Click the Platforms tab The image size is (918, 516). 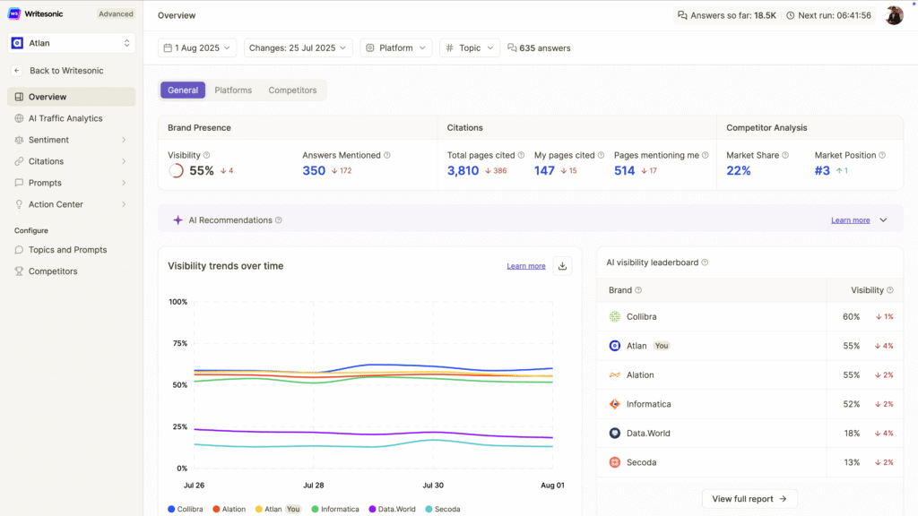pyautogui.click(x=233, y=90)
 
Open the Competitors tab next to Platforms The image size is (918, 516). pyautogui.click(x=292, y=90)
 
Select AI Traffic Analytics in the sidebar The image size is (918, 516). pyautogui.click(x=65, y=118)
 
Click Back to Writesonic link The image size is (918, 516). pyautogui.click(x=65, y=71)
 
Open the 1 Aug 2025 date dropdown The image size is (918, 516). pyautogui.click(x=197, y=48)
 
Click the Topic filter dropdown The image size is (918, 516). pyautogui.click(x=470, y=48)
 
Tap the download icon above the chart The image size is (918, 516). pyautogui.click(x=562, y=266)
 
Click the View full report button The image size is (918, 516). pyautogui.click(x=749, y=499)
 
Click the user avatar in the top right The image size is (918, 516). pyautogui.click(x=894, y=15)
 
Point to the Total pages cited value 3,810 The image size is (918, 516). pyautogui.click(x=463, y=171)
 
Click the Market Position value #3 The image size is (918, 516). pyautogui.click(x=822, y=171)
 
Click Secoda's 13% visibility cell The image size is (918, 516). pyautogui.click(x=851, y=462)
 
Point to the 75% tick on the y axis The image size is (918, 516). pyautogui.click(x=179, y=344)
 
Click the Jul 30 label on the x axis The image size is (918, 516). pyautogui.click(x=433, y=486)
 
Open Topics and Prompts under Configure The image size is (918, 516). pyautogui.click(x=67, y=250)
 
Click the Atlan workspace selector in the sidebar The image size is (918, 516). pyautogui.click(x=72, y=43)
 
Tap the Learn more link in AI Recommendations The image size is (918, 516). pyautogui.click(x=850, y=220)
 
